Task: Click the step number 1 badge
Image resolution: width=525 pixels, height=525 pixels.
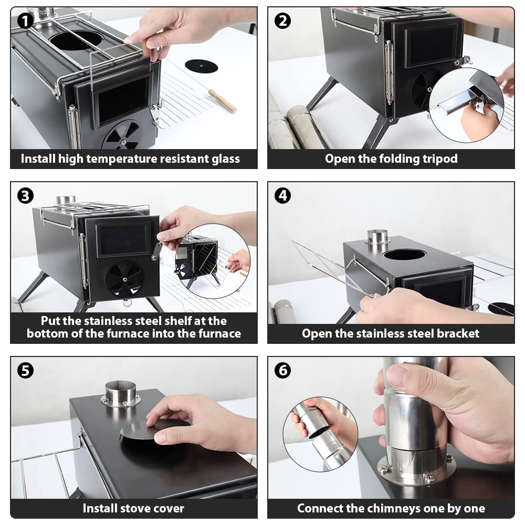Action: coord(25,21)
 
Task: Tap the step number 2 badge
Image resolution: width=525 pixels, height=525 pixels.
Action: coord(282,21)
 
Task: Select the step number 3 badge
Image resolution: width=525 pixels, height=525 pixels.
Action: coord(25,195)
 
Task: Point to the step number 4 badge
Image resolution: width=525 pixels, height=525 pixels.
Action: coord(282,195)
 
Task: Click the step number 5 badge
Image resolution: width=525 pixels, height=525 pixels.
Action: coord(25,370)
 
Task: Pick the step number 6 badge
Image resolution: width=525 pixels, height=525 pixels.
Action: coord(282,370)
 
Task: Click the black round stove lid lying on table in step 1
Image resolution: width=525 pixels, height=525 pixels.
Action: coord(201,66)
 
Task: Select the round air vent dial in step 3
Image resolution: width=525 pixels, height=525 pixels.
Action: coord(124,279)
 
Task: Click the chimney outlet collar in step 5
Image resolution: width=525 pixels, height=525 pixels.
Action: coord(121,394)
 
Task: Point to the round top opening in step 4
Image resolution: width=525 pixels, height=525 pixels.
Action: coord(404,255)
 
